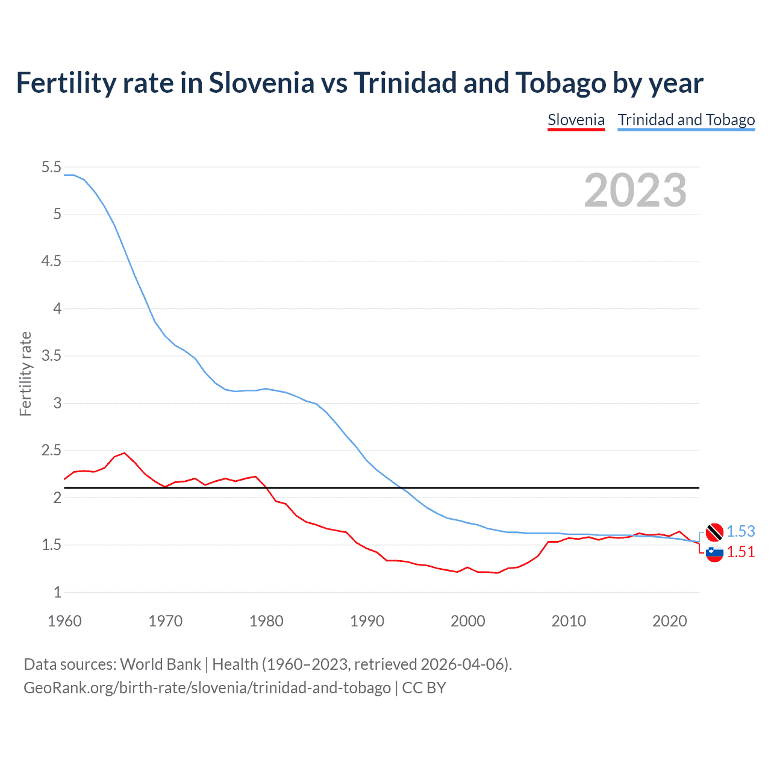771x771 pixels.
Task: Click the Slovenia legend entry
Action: [x=576, y=120]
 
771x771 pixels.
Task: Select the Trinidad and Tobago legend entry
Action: [x=686, y=120]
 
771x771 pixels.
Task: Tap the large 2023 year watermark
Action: [x=635, y=190]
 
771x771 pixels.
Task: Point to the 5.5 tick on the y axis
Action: [x=51, y=167]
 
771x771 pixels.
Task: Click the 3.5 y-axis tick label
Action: [x=51, y=356]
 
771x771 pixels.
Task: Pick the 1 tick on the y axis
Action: [x=57, y=592]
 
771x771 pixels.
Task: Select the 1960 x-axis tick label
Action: [x=64, y=621]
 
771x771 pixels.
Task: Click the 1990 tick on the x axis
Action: [x=367, y=621]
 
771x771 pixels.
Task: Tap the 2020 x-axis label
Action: [x=669, y=621]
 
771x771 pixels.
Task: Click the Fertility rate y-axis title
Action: [x=25, y=373]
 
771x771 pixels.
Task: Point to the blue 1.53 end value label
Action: [x=740, y=531]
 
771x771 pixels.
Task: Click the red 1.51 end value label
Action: [x=740, y=552]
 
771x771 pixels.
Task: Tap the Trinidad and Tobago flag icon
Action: [x=714, y=532]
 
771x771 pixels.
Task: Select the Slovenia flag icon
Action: [x=714, y=552]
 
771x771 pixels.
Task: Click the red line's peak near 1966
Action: [x=125, y=453]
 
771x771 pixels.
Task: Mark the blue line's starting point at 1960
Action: [x=64, y=175]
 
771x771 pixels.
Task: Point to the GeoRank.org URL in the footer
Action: [x=207, y=687]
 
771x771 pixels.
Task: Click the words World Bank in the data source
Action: [x=160, y=664]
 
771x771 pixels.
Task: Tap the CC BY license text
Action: [x=424, y=687]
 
